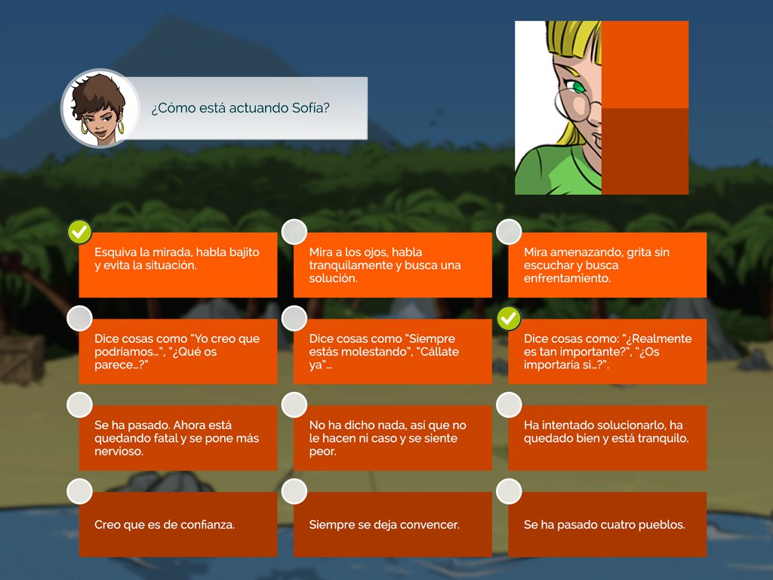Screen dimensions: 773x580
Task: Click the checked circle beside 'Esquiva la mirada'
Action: click(79, 232)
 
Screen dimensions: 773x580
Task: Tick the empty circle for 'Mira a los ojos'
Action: click(294, 232)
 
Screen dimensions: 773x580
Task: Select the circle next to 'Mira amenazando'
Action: click(509, 232)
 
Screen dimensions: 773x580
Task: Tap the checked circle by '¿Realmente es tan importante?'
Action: click(509, 319)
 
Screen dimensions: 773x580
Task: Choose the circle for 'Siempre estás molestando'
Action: click(294, 319)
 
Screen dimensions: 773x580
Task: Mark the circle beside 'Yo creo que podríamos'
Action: click(79, 319)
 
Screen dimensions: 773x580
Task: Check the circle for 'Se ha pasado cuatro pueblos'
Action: click(509, 491)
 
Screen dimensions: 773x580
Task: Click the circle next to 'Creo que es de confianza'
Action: click(79, 491)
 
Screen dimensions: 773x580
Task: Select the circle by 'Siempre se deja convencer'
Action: click(294, 491)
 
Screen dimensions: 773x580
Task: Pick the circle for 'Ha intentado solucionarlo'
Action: click(509, 405)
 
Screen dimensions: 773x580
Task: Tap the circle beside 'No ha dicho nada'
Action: click(294, 405)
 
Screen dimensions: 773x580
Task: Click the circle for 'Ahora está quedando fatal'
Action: click(79, 405)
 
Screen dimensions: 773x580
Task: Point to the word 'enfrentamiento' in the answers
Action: click(566, 278)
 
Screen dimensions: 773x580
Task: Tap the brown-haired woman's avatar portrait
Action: click(100, 109)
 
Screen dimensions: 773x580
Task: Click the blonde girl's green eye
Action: click(577, 88)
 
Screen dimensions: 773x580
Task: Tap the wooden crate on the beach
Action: click(22, 359)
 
